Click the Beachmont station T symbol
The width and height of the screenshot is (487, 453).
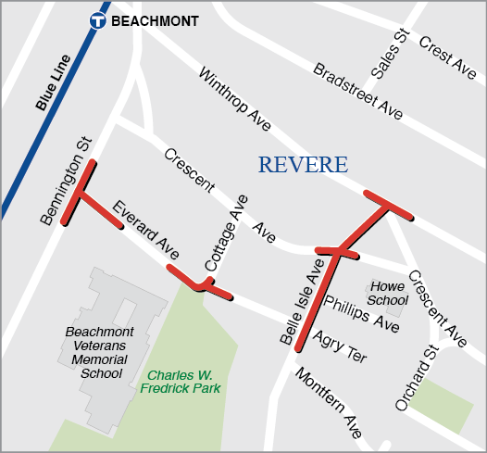coord(97,20)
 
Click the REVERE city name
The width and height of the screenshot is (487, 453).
coord(303,166)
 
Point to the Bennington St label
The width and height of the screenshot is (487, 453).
coord(68,182)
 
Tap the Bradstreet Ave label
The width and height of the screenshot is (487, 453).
coord(357,91)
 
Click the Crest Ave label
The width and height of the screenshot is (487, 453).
coord(447,57)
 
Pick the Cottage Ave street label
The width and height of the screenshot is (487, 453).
coord(226,233)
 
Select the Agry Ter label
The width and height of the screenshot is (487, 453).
coord(339,346)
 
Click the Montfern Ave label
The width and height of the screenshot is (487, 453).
coord(327,402)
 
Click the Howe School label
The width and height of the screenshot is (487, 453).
coord(387,293)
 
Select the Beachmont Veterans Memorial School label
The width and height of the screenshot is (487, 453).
coord(100,353)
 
